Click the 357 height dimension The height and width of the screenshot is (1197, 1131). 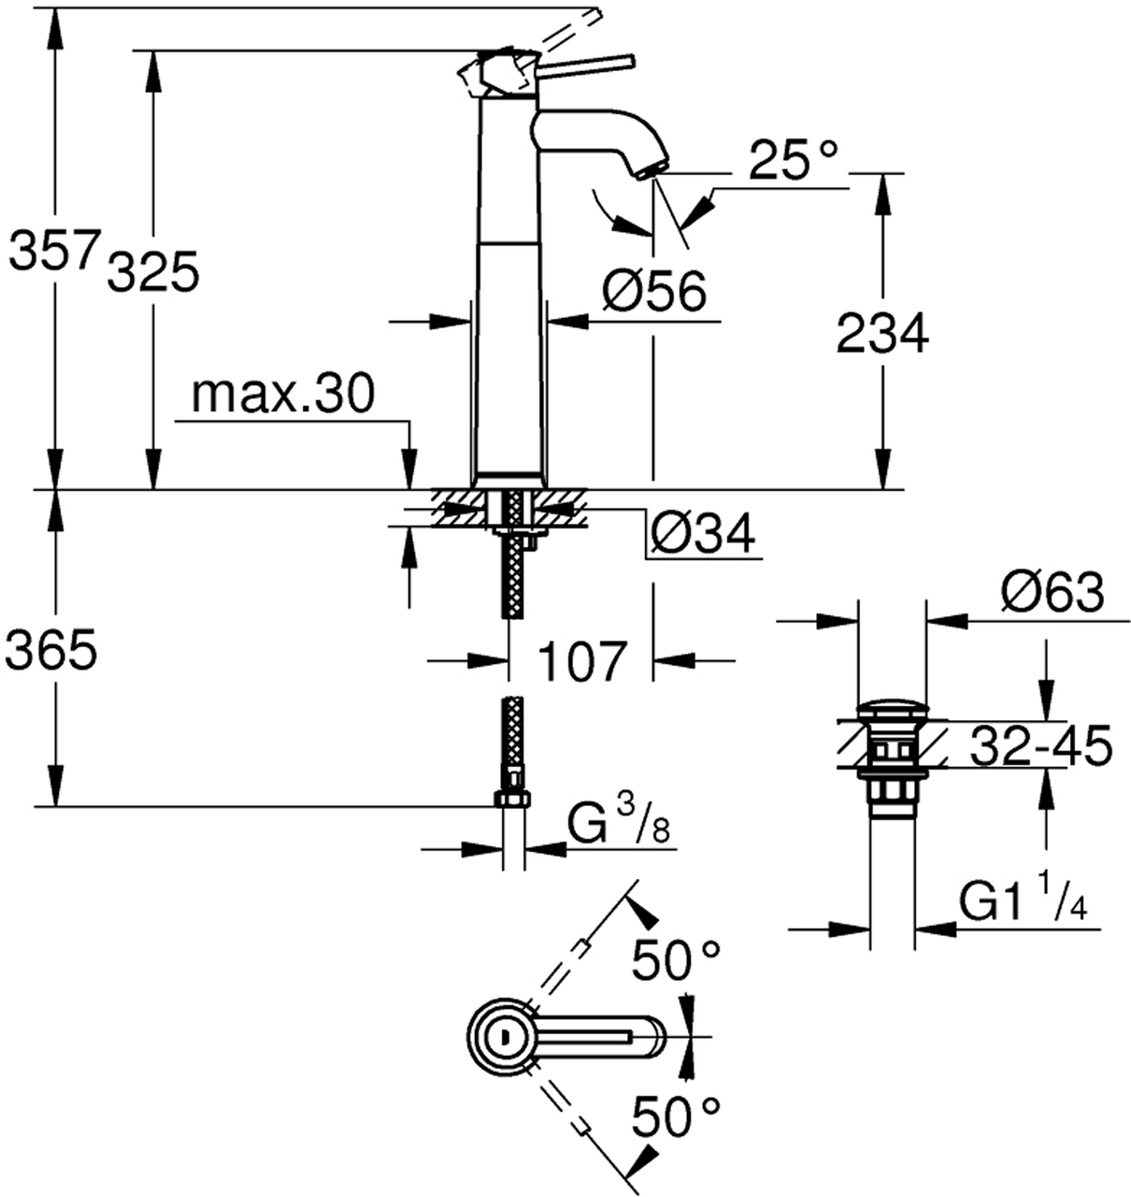(x=53, y=252)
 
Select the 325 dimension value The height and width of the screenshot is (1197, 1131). (x=154, y=273)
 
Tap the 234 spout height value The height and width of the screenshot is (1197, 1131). (x=882, y=334)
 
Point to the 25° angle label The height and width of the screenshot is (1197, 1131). (x=793, y=160)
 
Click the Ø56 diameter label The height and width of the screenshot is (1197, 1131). (x=653, y=293)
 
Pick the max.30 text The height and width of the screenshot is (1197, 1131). (x=282, y=396)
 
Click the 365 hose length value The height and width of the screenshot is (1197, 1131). (x=51, y=650)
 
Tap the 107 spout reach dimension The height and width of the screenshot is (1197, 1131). (x=580, y=661)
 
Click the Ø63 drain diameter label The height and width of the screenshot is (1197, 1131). (x=1052, y=593)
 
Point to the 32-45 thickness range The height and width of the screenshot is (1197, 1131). (x=1040, y=745)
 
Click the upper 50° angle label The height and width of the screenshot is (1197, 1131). (x=676, y=960)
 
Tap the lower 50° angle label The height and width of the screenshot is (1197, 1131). (x=676, y=1116)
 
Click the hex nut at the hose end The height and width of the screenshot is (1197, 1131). (x=511, y=800)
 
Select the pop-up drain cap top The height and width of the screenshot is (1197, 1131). (x=892, y=707)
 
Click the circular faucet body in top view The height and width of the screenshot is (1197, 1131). (x=502, y=1036)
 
